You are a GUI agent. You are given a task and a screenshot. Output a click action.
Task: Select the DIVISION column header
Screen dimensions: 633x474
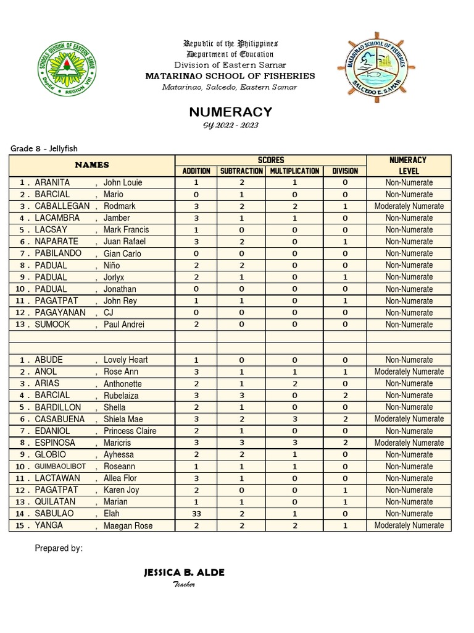coord(345,171)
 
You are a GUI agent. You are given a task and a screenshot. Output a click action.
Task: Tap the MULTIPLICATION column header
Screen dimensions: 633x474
coord(294,171)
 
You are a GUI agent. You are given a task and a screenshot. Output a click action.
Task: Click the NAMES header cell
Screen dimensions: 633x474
coord(92,165)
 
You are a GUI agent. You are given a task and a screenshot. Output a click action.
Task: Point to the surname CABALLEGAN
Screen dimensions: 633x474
coord(62,206)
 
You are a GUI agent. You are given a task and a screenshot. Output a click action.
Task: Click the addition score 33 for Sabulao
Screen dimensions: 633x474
coord(196,514)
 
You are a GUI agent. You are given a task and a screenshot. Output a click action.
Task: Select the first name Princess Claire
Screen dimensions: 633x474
coord(130,431)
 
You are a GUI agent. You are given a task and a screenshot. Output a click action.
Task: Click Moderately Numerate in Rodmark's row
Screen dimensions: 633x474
coord(409,206)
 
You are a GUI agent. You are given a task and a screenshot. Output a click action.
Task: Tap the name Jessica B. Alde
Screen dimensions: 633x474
coord(184,572)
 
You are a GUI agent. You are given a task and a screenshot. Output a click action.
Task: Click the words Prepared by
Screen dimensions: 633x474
coord(59,548)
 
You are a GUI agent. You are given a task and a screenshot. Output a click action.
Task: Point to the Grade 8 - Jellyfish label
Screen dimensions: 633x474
coord(44,148)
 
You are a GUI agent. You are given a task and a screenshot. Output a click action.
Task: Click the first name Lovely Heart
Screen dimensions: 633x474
coord(125,360)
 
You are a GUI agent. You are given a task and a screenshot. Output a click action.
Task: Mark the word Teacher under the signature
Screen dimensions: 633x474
coord(184,585)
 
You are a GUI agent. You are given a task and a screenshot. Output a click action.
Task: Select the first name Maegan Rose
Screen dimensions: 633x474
coord(128,525)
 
